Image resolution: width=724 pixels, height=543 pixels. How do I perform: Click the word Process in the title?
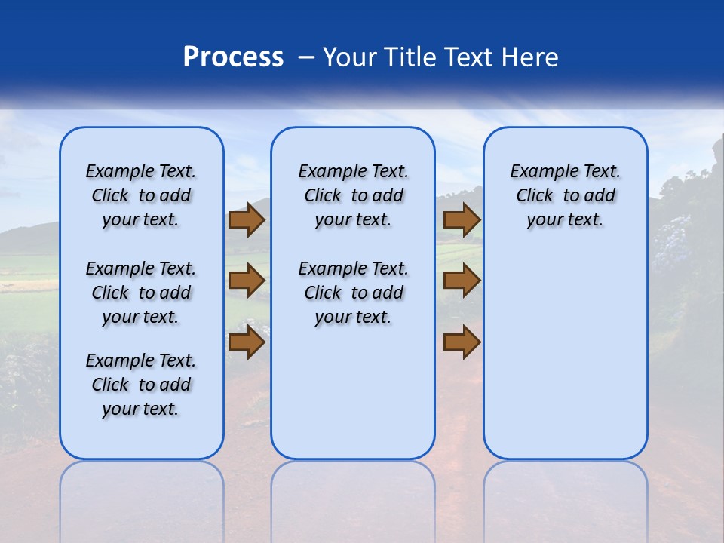pos(233,57)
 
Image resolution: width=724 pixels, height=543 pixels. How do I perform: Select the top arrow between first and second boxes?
pos(246,220)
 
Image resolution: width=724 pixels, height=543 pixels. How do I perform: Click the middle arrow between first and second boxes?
pos(246,281)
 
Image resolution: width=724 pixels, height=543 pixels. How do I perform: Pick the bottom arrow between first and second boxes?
pos(246,342)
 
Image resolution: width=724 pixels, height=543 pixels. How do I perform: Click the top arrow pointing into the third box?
pos(462,220)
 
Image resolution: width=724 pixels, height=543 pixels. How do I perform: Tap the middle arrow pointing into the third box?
pos(462,281)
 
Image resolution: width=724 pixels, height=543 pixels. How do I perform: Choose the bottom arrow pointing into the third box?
pos(462,342)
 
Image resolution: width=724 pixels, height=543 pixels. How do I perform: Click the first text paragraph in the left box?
pos(141,195)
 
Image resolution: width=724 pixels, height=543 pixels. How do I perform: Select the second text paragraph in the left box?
pos(141,293)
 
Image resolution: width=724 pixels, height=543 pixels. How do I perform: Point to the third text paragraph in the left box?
pos(141,385)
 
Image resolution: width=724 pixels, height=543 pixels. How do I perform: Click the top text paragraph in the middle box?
pos(353,195)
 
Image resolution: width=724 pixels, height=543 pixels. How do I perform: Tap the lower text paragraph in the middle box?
pos(353,293)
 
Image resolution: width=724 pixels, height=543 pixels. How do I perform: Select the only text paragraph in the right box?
pos(565,195)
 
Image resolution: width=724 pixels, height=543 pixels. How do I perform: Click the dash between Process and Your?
pos(305,58)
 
